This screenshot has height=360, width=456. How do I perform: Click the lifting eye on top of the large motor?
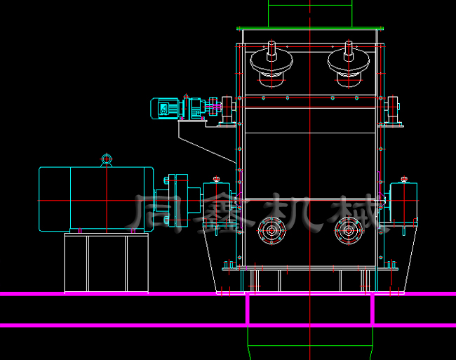coord(107,160)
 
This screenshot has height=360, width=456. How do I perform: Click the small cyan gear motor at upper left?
coord(178,109)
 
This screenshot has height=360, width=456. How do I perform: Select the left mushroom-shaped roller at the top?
coord(271,64)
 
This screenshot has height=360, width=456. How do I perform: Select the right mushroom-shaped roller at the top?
coord(349,64)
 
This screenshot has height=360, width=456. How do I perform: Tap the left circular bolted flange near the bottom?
coord(271,231)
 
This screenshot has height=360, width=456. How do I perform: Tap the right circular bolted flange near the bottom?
coord(349,231)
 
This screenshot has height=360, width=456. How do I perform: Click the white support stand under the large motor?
coord(106,262)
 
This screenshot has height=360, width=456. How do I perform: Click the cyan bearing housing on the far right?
coord(403,204)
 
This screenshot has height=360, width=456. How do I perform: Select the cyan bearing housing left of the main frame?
coord(217,204)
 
